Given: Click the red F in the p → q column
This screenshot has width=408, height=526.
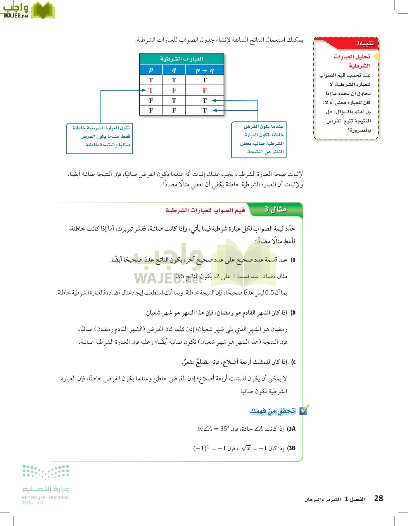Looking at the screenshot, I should [x=205, y=91].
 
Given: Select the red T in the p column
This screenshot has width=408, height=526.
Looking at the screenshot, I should [x=151, y=91].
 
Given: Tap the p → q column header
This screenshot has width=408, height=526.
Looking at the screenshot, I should [x=205, y=70].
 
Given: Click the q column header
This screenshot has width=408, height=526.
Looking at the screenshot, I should [x=174, y=70].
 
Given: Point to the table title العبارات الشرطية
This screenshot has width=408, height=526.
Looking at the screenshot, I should [x=181, y=59].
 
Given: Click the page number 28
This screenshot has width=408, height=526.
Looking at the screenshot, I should [x=378, y=498].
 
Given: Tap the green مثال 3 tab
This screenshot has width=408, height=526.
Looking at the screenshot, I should [x=275, y=210].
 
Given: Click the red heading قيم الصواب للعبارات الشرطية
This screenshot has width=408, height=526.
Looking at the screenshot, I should [x=205, y=210].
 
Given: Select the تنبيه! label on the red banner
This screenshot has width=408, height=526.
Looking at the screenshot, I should [x=365, y=44].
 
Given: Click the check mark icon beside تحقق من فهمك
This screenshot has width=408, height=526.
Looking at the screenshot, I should [x=304, y=410].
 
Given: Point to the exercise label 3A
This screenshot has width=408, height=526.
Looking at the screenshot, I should [x=291, y=429].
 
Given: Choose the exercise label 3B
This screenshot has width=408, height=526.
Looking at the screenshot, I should [x=291, y=448].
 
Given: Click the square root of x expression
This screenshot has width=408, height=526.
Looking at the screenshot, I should [x=246, y=448].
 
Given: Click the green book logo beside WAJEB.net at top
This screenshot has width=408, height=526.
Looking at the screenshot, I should [x=43, y=11].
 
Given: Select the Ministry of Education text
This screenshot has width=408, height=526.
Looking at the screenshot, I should [x=45, y=497].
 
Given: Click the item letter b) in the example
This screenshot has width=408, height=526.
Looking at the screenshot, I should [x=293, y=313].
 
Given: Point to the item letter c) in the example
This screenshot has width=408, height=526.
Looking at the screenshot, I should [x=293, y=362].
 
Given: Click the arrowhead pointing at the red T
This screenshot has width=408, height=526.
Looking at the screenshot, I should [x=144, y=90].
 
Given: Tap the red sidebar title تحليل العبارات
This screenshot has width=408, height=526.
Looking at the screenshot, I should [x=352, y=57].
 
